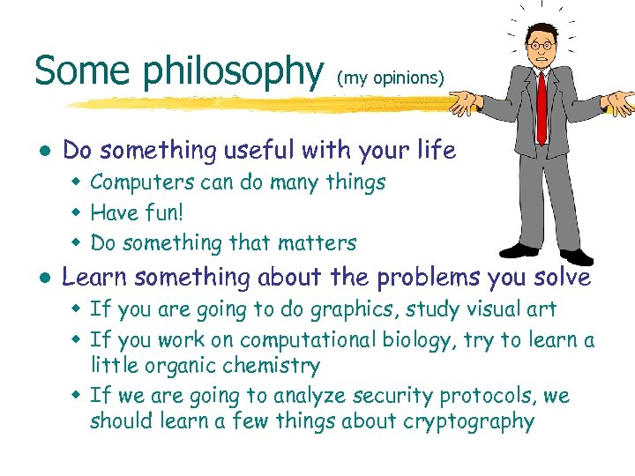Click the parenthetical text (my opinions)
[x=389, y=78]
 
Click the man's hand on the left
[x=461, y=104]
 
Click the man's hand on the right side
[x=621, y=101]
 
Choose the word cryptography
[x=468, y=421]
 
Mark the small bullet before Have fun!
[x=77, y=213]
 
